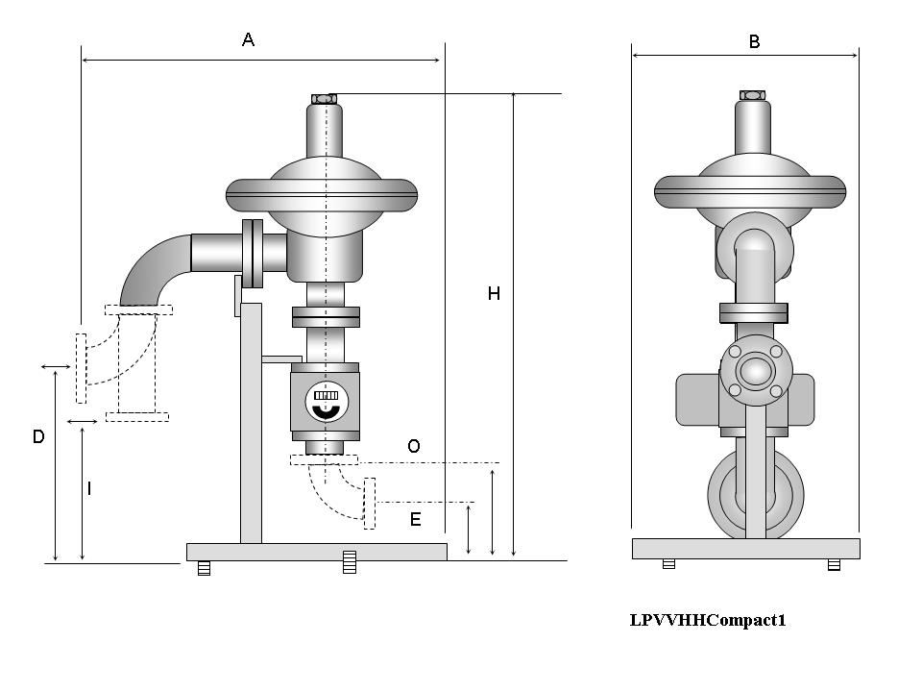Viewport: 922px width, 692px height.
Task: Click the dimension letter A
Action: point(248,40)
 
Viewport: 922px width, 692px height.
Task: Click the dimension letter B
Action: point(754,42)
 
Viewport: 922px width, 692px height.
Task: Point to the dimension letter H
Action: point(494,294)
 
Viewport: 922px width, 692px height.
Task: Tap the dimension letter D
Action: point(38,436)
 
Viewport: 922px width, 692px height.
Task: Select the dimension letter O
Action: point(413,446)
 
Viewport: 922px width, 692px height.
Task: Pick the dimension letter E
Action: point(415,520)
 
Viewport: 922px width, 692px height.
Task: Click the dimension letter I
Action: point(89,489)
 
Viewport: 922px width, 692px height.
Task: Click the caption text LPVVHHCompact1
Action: point(708,620)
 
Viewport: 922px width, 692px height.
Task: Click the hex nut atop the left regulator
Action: point(325,97)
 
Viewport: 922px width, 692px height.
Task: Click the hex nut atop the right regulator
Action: point(752,94)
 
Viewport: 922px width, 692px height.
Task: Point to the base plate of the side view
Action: point(316,551)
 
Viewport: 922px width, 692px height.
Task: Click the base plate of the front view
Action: point(745,548)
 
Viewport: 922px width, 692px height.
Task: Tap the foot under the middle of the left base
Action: point(350,562)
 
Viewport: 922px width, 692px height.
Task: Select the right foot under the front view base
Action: point(834,564)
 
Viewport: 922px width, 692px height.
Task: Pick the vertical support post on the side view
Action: point(251,423)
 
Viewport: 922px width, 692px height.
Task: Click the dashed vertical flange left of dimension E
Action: point(369,503)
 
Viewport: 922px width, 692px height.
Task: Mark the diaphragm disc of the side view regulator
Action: point(323,195)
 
